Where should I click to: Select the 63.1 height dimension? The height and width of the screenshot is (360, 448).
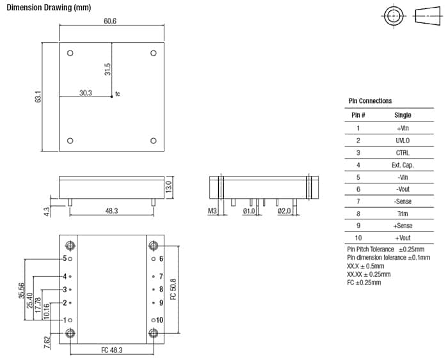point(38,97)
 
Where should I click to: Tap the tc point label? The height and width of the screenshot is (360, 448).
point(118,95)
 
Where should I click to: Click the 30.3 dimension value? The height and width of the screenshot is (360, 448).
point(85,93)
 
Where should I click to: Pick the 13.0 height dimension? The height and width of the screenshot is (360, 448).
point(169,187)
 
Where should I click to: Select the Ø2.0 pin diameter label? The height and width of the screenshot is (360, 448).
point(285,210)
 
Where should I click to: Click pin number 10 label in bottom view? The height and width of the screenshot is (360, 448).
point(160,320)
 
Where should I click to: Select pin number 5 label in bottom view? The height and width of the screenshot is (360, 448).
point(65,258)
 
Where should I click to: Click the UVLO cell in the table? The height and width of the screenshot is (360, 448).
point(403,140)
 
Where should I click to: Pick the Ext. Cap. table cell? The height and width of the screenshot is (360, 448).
point(403,165)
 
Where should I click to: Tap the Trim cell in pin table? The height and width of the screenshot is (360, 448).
point(403,214)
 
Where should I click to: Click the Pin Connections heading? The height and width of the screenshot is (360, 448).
point(370,101)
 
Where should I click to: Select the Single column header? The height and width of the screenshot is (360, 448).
point(403,115)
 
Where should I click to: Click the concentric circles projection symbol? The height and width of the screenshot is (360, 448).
point(394,15)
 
